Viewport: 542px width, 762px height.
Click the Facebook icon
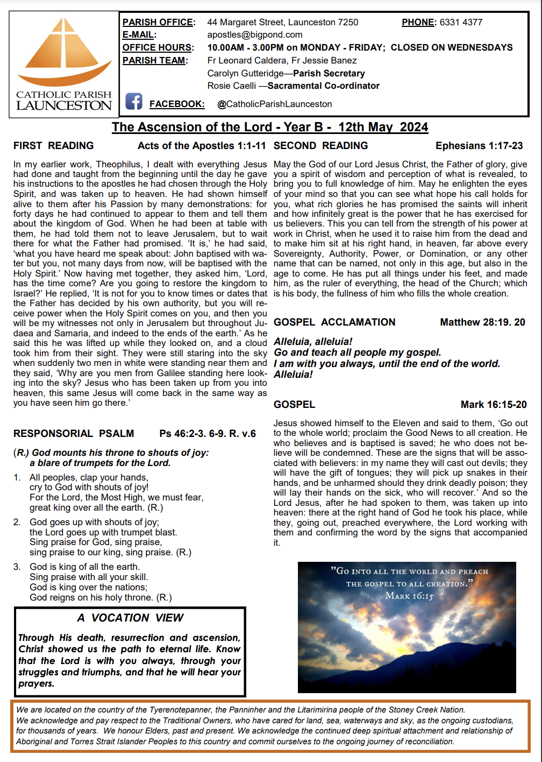(x=134, y=101)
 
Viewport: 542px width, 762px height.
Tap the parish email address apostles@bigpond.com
(x=255, y=34)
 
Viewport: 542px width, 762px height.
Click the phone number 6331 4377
(x=461, y=22)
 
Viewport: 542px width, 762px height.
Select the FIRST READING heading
(x=53, y=145)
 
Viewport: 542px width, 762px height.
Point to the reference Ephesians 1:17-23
(x=479, y=145)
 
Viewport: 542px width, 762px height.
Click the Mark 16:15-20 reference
(x=493, y=404)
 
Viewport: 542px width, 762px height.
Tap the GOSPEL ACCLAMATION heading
(x=334, y=322)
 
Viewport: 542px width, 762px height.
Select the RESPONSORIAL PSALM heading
(x=74, y=433)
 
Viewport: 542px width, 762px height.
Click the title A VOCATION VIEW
(x=130, y=617)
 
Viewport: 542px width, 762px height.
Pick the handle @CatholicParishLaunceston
(x=274, y=104)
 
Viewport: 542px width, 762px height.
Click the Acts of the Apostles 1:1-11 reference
(x=202, y=145)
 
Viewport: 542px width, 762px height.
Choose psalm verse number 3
(x=17, y=567)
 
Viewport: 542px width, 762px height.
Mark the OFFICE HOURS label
(x=157, y=47)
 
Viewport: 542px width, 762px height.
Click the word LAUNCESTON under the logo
(x=64, y=105)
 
